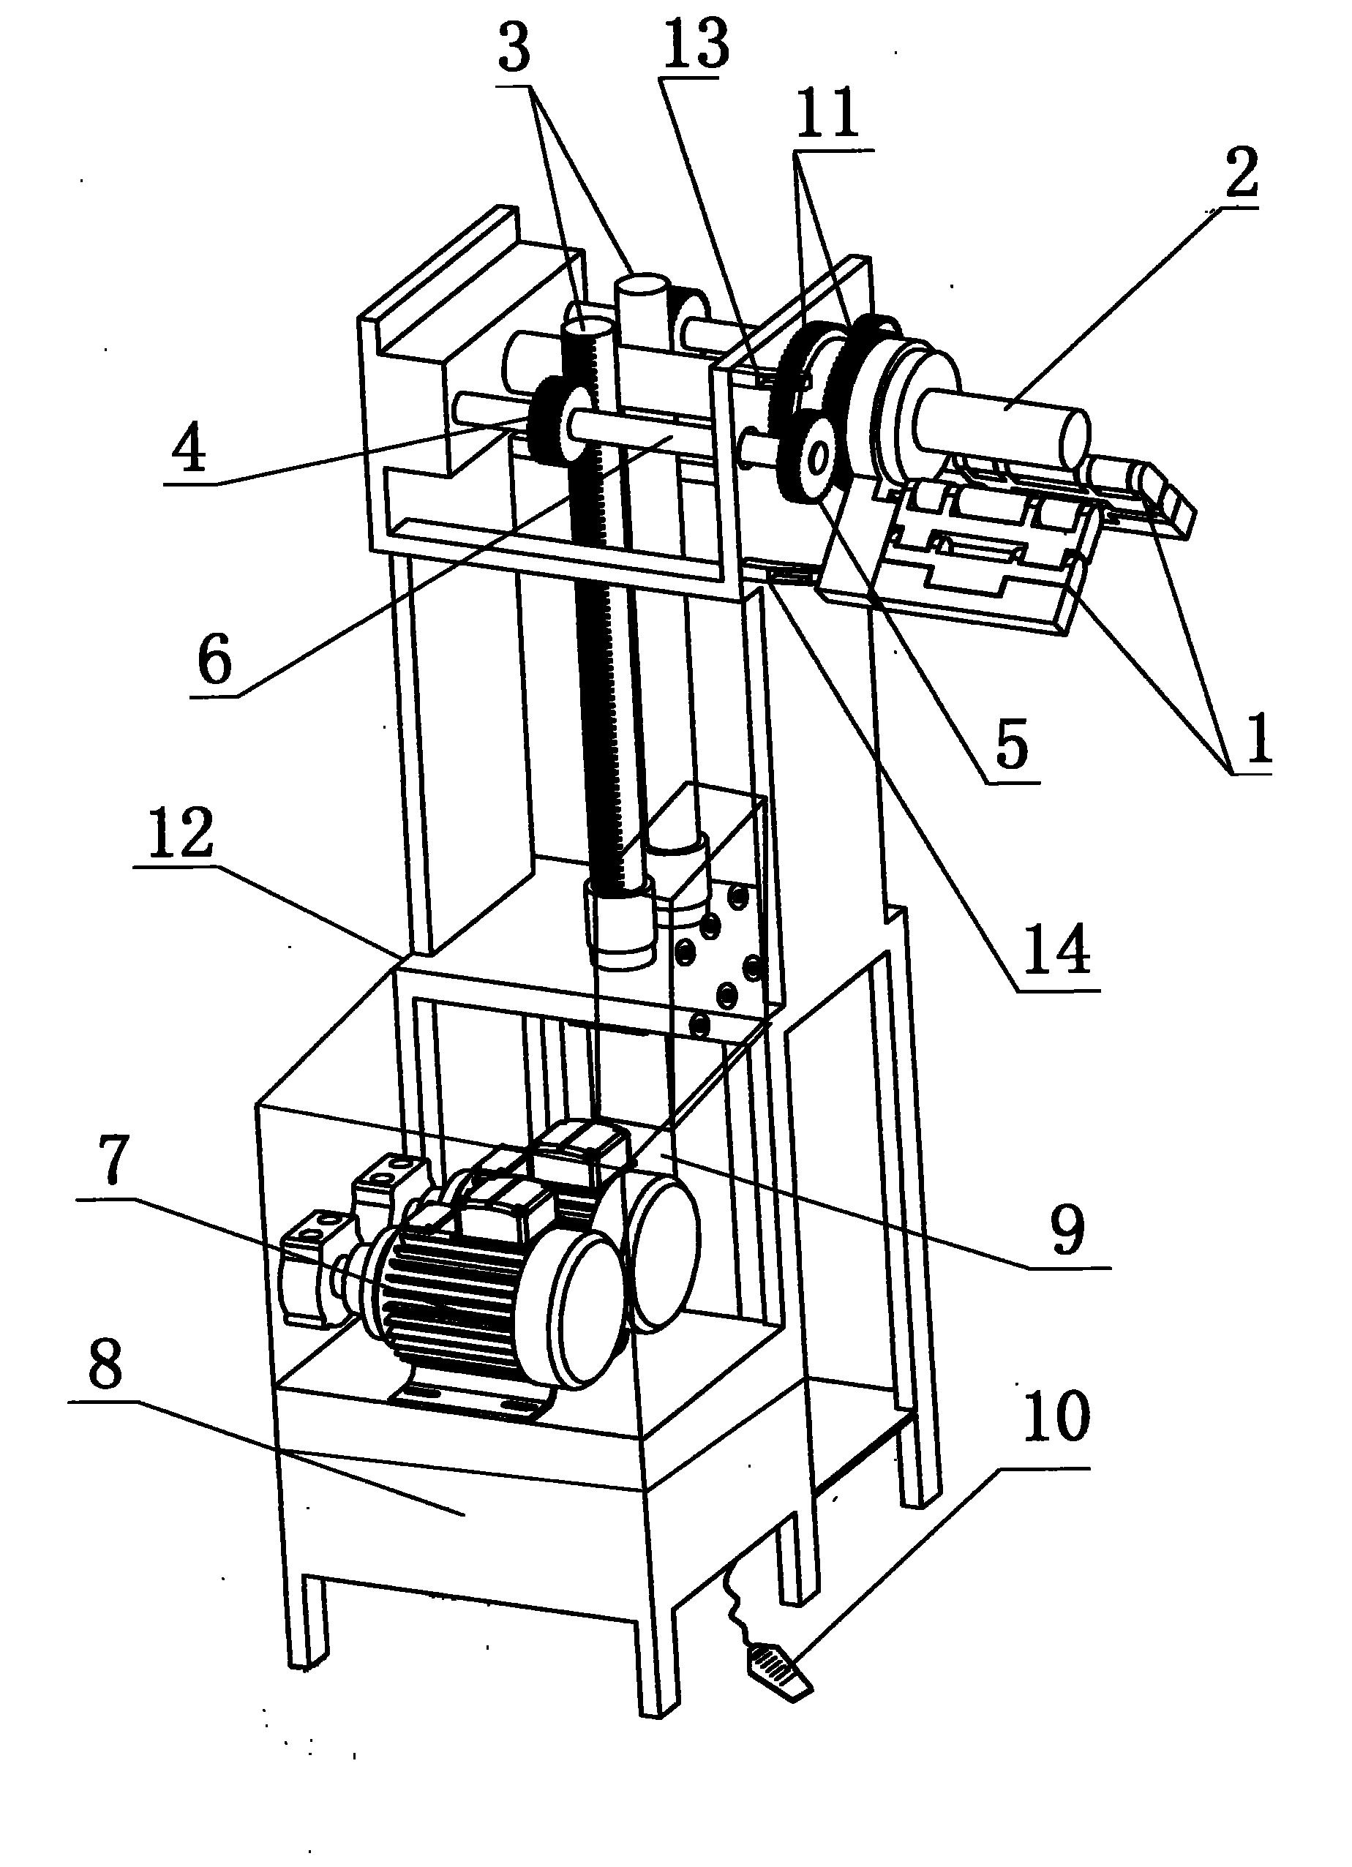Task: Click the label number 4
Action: (x=190, y=450)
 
